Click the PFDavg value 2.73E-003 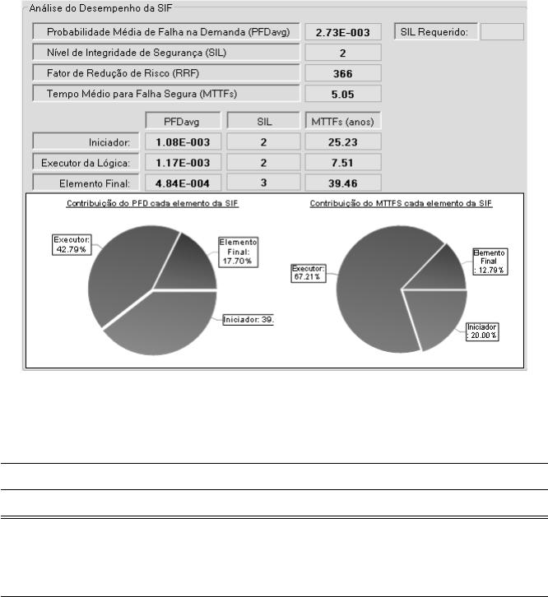pos(343,32)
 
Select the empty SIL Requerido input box pos(501,32)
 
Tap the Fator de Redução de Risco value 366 pos(343,73)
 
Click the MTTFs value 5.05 pos(343,93)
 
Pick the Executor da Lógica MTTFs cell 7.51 pos(343,161)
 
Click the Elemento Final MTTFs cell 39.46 pos(343,182)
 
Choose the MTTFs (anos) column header pos(343,121)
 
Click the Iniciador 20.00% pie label pos(483,331)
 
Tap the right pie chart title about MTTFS pos(401,203)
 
